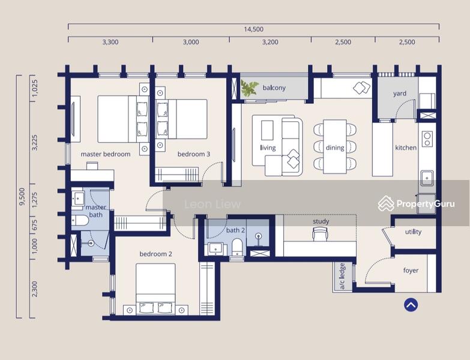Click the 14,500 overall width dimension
click(x=253, y=29)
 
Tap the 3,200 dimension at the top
click(x=270, y=42)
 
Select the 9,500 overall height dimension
click(x=22, y=196)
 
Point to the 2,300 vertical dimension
click(x=35, y=289)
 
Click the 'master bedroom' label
click(x=106, y=154)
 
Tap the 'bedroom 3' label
click(x=194, y=154)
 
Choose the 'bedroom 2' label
click(x=156, y=254)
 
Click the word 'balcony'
click(x=274, y=88)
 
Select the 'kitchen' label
click(x=406, y=148)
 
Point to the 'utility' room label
click(x=414, y=232)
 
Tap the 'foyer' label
click(x=411, y=271)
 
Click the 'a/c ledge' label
click(x=342, y=276)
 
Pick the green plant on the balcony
click(x=249, y=88)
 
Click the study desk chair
click(x=321, y=233)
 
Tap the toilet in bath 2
click(x=237, y=247)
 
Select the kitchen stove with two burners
click(x=427, y=139)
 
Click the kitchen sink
click(x=427, y=179)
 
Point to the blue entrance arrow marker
click(x=411, y=305)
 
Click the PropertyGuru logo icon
click(x=386, y=203)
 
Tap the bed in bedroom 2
click(x=155, y=289)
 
